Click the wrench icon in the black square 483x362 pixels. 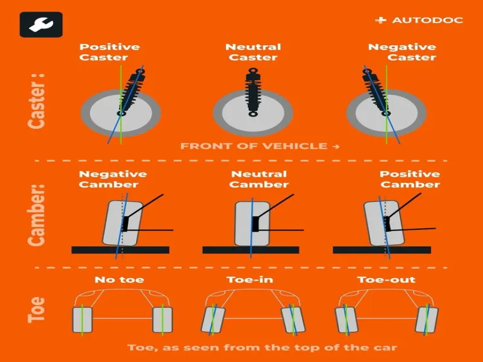click(41, 25)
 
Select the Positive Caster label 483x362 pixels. click(109, 52)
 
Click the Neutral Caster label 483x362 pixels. click(253, 52)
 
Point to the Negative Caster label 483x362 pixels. click(402, 52)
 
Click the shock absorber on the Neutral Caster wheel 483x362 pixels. click(253, 92)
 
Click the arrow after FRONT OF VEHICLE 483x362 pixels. click(336, 147)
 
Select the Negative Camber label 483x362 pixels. click(113, 179)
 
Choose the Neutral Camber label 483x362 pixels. click(259, 179)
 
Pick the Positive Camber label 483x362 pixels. click(410, 179)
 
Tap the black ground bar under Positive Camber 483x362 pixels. click(382, 250)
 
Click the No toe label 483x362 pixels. click(119, 279)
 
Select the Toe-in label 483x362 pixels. click(250, 279)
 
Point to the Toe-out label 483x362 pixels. click(386, 279)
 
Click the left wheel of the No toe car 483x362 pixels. click(82, 320)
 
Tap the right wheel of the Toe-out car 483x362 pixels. click(427, 320)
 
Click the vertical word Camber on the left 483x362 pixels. click(36, 215)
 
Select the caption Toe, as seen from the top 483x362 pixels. click(262, 348)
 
